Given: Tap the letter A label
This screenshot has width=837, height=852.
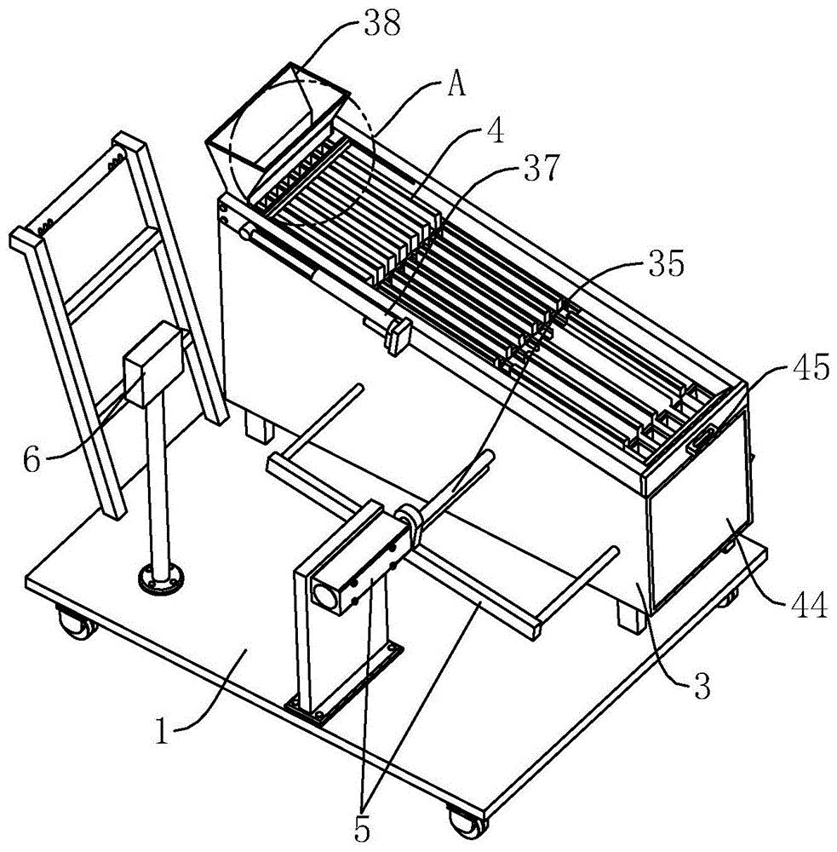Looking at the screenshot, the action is coord(456,84).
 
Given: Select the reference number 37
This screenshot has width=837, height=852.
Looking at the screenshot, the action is coord(541,169).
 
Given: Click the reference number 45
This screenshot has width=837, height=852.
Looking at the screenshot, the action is coord(811,366).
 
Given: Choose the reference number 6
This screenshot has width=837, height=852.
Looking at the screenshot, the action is coord(32,460).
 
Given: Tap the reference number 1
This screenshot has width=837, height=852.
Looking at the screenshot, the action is coord(161,730).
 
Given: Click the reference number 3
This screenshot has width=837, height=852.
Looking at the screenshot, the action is coord(702,686).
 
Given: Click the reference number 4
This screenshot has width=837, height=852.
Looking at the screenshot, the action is coord(495,130).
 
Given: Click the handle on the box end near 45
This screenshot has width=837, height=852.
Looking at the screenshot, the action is coord(702,439).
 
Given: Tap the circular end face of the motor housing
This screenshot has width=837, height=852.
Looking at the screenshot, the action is coord(324,596).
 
